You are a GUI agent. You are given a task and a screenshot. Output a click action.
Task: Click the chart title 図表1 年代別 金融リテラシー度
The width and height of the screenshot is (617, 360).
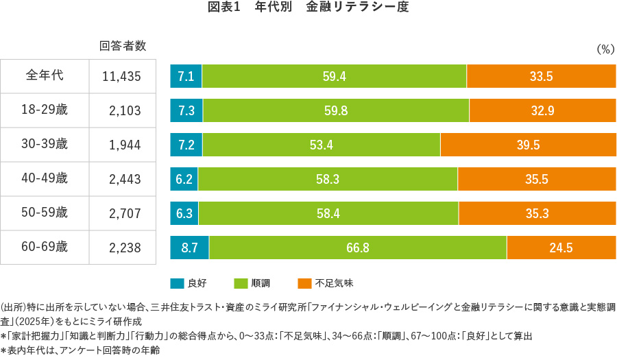(308, 8)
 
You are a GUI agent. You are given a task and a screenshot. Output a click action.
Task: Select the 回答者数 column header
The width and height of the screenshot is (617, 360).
(123, 47)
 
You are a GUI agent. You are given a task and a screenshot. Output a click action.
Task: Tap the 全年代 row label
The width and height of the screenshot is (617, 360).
(45, 75)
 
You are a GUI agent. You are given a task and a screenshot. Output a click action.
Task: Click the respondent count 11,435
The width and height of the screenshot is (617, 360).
(121, 77)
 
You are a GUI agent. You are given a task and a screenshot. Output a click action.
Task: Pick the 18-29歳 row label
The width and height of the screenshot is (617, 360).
(45, 110)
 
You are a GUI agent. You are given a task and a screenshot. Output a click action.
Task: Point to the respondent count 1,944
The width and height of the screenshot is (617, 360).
(124, 145)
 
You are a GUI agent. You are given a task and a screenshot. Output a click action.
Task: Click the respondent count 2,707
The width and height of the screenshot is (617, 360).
(124, 214)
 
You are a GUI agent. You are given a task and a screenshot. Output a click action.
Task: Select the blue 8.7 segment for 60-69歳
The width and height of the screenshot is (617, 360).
(189, 248)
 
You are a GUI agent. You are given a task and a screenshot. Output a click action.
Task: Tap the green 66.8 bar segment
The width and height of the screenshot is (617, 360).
(358, 248)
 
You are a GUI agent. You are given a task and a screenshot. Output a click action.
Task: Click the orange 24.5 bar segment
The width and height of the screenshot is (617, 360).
(561, 248)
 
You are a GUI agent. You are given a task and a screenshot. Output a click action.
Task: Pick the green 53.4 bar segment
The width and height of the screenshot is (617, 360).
(322, 145)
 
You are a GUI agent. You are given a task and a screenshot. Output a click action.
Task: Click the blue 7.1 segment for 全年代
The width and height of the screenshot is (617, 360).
(186, 77)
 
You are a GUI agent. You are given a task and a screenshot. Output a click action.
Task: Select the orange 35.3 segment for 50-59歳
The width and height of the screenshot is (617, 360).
(537, 213)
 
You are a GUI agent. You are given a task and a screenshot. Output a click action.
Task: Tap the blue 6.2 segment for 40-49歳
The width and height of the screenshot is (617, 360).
(184, 180)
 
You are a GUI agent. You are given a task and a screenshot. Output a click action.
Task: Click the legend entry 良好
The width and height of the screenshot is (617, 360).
(189, 283)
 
